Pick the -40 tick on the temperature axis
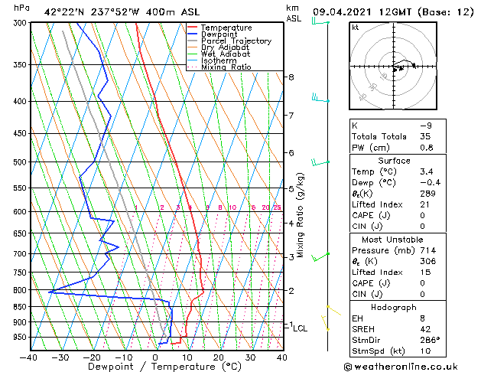tap(29, 357)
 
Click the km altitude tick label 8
tap(291, 77)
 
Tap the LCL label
tap(300, 328)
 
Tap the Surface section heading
tap(394, 161)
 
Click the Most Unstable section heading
tap(394, 239)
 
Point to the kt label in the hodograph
tap(355, 27)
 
